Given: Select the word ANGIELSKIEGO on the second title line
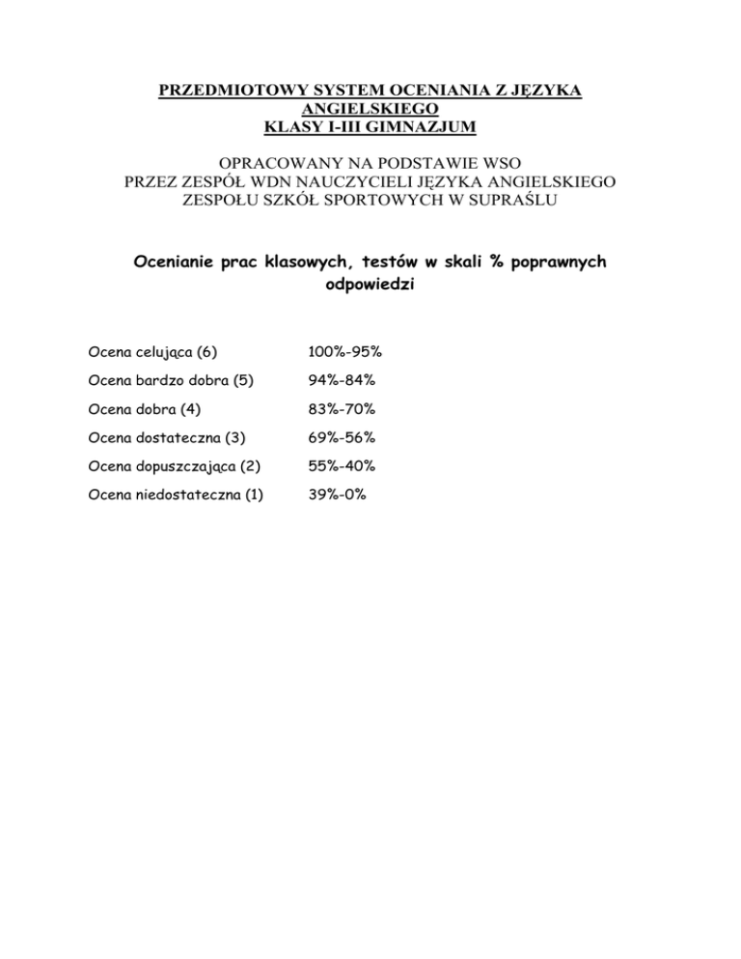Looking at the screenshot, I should [x=370, y=110].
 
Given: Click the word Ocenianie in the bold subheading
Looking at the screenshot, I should [x=171, y=262].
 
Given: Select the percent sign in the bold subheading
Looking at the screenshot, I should [x=498, y=262].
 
